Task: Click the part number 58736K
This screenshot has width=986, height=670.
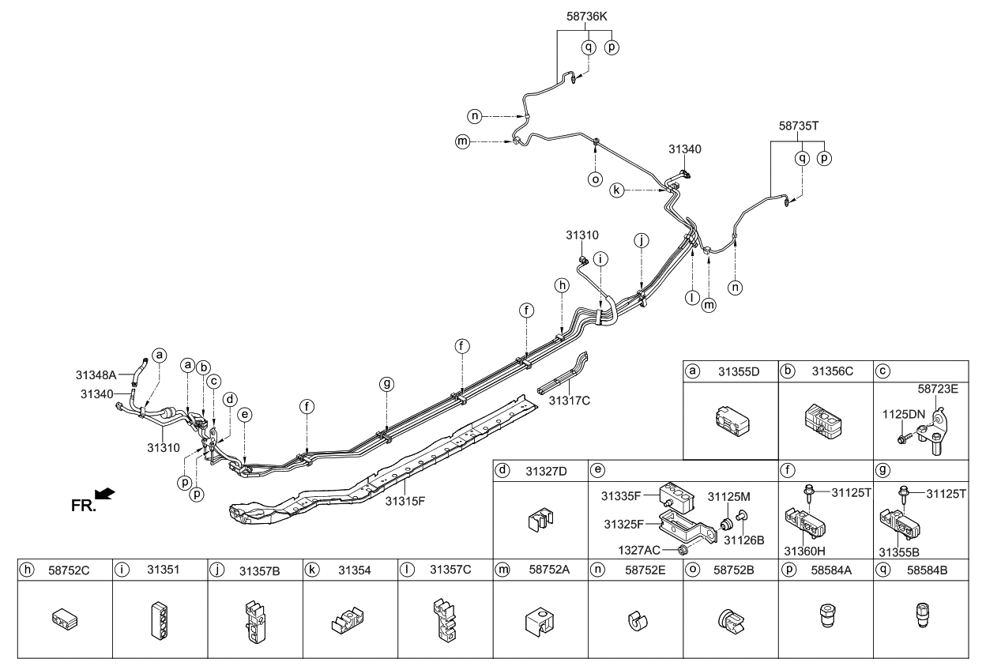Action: [585, 15]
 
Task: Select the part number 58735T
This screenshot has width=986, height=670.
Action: [798, 126]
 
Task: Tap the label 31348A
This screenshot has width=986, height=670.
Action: [96, 375]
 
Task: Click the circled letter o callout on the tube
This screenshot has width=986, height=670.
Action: [595, 179]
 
